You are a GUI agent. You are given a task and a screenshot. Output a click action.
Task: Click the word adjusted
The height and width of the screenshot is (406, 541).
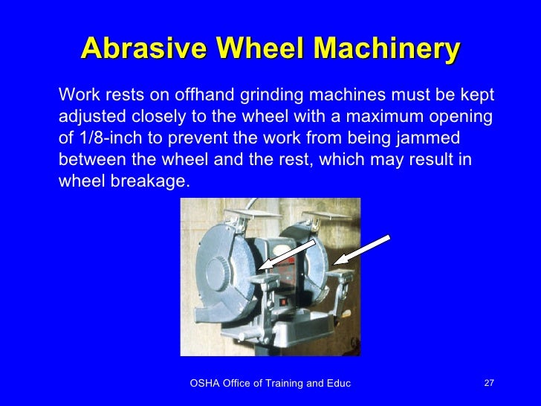point(92,117)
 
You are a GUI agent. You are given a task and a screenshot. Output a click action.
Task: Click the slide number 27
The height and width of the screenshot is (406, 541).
point(488,383)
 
